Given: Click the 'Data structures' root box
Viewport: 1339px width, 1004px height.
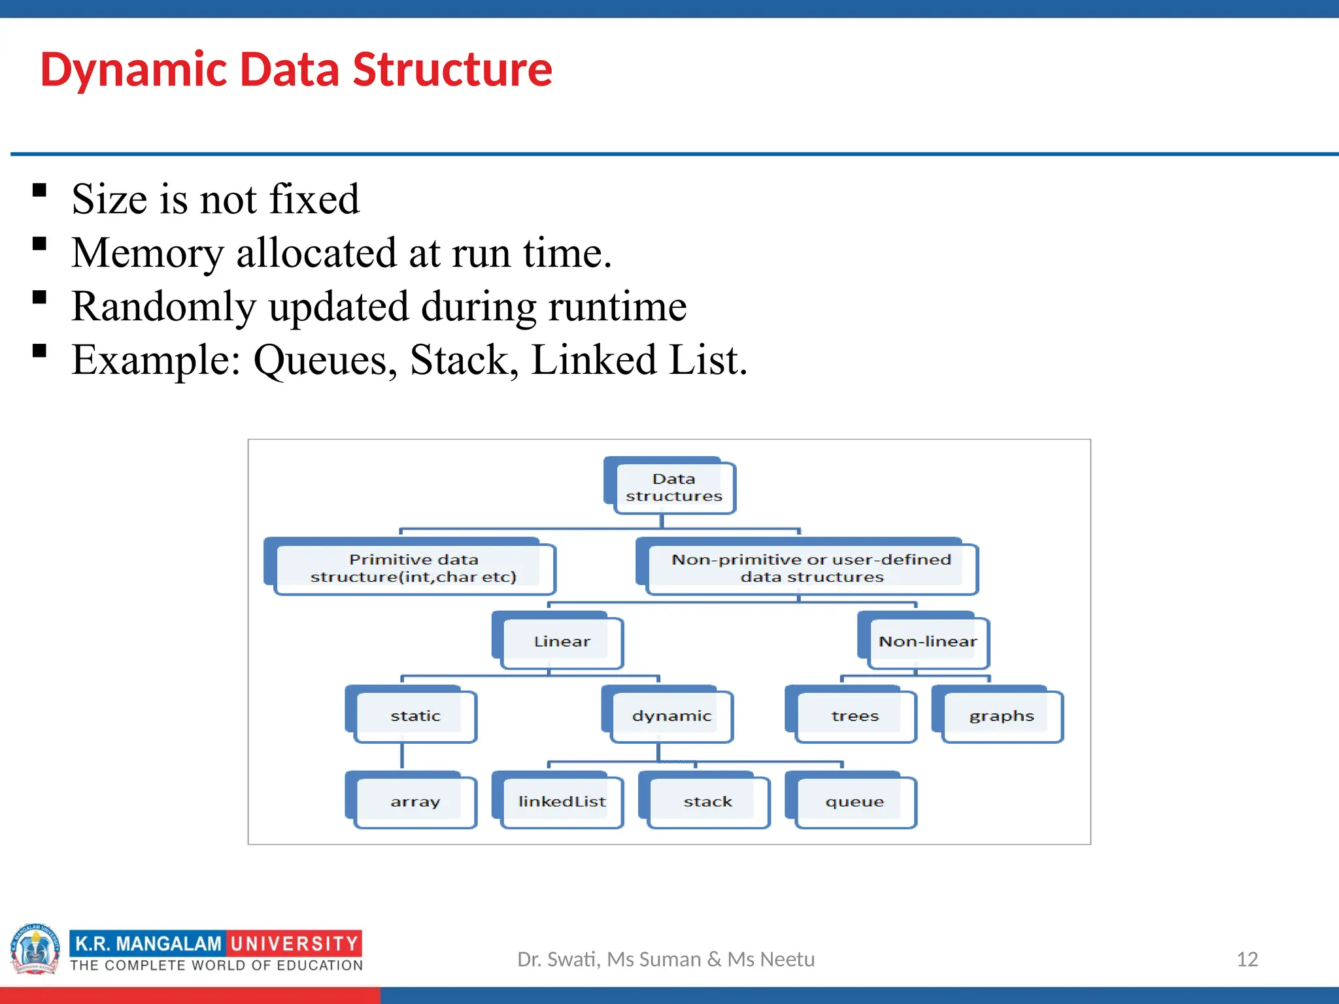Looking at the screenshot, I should (673, 488).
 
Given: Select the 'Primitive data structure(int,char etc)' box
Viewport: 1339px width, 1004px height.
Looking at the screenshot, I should (413, 568).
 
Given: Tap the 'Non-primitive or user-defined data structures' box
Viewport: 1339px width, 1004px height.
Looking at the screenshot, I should (811, 568).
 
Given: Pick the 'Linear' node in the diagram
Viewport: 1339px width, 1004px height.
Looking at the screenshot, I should (561, 642).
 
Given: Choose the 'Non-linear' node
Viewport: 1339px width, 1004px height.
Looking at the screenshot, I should (927, 642).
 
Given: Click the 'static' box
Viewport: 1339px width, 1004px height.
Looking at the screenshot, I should (415, 716).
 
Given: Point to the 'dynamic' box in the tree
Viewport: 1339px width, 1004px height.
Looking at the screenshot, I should (671, 716).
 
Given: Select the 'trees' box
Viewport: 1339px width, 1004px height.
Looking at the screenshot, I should (855, 716).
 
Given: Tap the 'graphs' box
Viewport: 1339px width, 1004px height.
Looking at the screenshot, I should (1001, 716).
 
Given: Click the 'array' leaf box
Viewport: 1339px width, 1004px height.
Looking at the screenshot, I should (415, 801).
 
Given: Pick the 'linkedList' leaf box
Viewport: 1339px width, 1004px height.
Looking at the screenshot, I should (562, 801).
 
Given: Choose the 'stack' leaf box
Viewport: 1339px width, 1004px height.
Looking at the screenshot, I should (708, 801).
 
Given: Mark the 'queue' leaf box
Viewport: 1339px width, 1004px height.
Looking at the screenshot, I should (855, 801).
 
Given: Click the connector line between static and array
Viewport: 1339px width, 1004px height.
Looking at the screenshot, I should (402, 756).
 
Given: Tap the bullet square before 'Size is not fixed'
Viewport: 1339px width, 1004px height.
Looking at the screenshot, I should (40, 190).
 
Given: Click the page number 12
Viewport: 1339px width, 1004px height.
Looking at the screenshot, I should (1247, 959).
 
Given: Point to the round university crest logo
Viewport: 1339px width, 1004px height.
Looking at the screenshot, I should (35, 948).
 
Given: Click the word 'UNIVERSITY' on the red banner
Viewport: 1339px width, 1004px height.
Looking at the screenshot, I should (294, 943).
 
